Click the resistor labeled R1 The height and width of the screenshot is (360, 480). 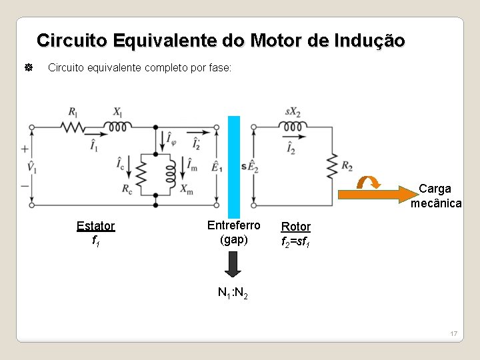point(73,127)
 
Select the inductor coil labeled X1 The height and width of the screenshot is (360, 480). point(118,127)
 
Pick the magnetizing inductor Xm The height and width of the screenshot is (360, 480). point(170,174)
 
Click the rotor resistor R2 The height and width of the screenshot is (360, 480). point(331,166)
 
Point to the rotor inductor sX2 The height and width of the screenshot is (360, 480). point(293,127)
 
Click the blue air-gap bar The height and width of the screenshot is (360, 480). point(234,167)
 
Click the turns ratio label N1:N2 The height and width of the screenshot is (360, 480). point(233,293)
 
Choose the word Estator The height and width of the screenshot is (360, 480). point(95,226)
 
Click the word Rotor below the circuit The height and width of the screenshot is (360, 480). point(296,227)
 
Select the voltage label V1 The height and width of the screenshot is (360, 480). point(31,167)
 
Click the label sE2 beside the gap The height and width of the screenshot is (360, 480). point(249,167)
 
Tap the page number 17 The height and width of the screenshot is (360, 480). point(453,333)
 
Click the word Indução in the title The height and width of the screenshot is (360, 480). point(371,41)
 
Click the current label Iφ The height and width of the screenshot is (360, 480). point(171,140)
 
